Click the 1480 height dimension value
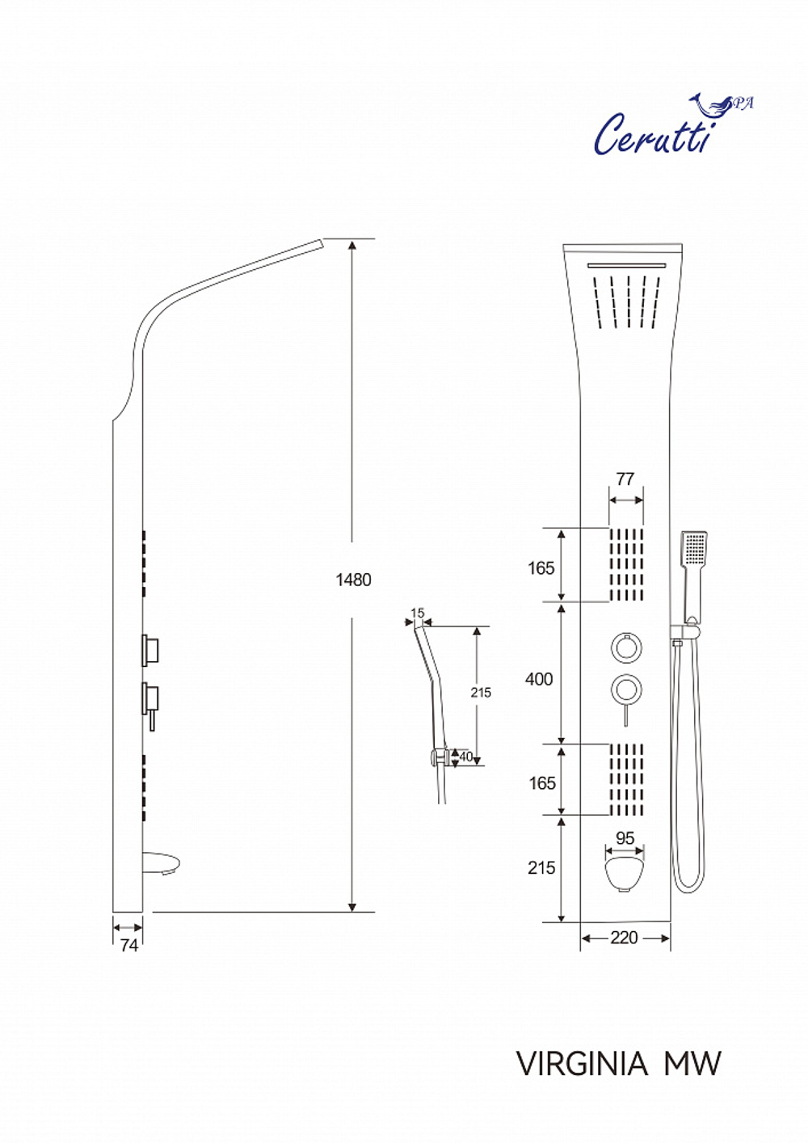354,580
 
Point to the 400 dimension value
539,679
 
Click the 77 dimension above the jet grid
625,479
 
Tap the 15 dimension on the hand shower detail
417,613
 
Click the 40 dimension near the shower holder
465,757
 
